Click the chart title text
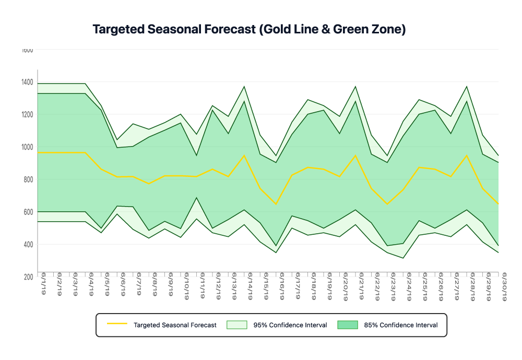click(x=249, y=30)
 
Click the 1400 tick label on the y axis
click(x=27, y=82)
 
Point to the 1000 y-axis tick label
click(x=27, y=147)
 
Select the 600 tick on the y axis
click(x=28, y=212)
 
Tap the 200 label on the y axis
click(x=28, y=277)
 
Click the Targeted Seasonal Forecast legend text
click(x=175, y=325)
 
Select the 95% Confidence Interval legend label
click(x=290, y=325)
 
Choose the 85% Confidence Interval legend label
click(x=401, y=325)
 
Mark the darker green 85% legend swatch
click(x=348, y=325)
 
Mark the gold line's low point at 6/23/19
click(x=387, y=204)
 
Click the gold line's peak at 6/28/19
click(x=467, y=155)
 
